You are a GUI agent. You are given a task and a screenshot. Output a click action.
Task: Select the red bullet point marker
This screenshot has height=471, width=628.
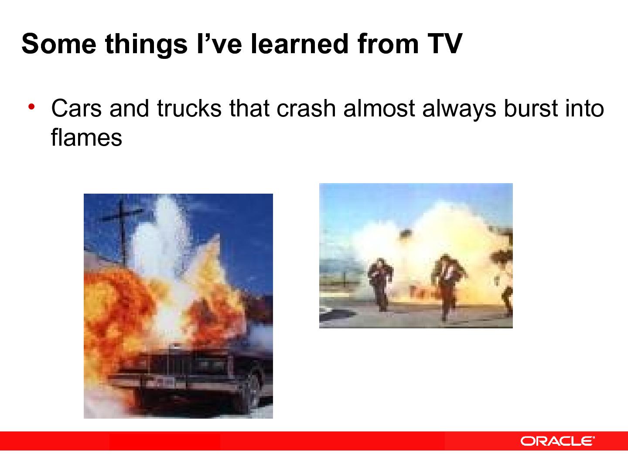31,106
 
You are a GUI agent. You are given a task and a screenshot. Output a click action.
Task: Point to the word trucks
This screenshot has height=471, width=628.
189,109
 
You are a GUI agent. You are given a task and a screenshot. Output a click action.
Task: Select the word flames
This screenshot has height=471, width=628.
86,138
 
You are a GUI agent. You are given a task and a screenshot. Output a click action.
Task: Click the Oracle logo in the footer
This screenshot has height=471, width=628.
557,441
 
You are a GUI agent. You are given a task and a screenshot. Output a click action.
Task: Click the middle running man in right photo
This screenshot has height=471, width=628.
446,283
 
